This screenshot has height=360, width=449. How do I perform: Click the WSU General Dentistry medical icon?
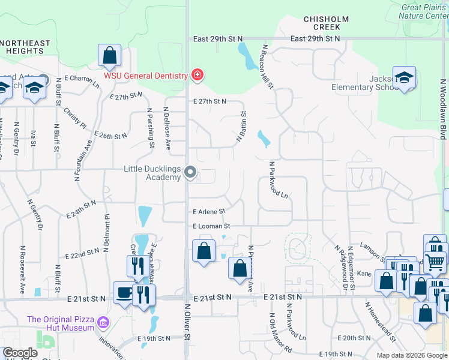[196, 76]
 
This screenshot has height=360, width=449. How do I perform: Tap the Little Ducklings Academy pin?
[191, 173]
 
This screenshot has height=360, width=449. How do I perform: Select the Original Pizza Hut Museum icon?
[103, 323]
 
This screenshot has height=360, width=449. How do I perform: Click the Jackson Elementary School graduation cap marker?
[405, 78]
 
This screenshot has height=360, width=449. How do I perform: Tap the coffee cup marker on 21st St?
[124, 293]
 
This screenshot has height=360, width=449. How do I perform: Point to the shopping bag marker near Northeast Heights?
[110, 56]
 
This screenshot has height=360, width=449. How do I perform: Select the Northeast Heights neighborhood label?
[25, 47]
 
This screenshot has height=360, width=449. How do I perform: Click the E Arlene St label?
[209, 212]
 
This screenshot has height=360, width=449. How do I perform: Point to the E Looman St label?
[211, 226]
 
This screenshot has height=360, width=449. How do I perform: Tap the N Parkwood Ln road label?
[279, 179]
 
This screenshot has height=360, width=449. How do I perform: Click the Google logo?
[20, 353]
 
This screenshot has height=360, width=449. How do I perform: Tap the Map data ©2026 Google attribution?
[411, 355]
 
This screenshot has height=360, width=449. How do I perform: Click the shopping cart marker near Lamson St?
[435, 260]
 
